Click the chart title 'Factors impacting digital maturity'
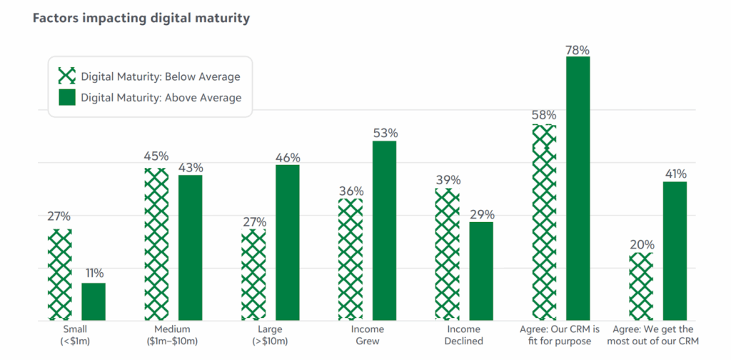[x=141, y=19]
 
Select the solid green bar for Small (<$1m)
[x=94, y=301]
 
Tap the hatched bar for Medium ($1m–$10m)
[x=156, y=244]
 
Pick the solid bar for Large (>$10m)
[x=288, y=243]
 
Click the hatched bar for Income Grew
[x=351, y=260]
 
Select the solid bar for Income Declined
[x=481, y=271]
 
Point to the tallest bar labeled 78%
[x=578, y=189]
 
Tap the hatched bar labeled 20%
[x=641, y=287]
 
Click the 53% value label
[x=385, y=134]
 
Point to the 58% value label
[x=544, y=115]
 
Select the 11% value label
[x=94, y=274]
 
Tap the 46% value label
[x=288, y=158]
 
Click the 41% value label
[x=675, y=174]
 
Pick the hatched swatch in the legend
[x=66, y=76]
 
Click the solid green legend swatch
[x=66, y=97]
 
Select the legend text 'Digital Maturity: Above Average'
[x=161, y=98]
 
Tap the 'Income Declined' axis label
[x=464, y=335]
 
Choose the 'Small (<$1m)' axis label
[x=76, y=335]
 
